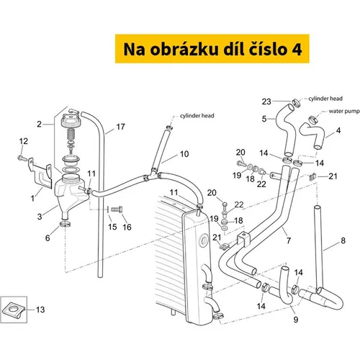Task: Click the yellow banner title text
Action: click(212, 49)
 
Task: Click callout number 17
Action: click(120, 127)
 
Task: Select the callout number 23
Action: click(266, 102)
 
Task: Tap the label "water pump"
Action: click(344, 111)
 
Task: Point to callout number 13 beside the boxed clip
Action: click(40, 310)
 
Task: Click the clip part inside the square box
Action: click(14, 310)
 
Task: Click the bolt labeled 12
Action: click(22, 158)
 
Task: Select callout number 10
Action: click(184, 154)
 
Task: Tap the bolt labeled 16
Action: click(117, 209)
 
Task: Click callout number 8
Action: click(343, 240)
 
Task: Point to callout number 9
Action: click(296, 320)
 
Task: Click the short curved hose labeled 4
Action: click(312, 135)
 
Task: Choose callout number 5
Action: click(264, 119)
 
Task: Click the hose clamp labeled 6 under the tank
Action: click(65, 225)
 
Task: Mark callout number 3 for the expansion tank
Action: click(40, 217)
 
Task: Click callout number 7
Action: click(289, 240)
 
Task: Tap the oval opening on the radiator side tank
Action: click(204, 240)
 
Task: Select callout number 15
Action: click(112, 227)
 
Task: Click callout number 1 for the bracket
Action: click(32, 198)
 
